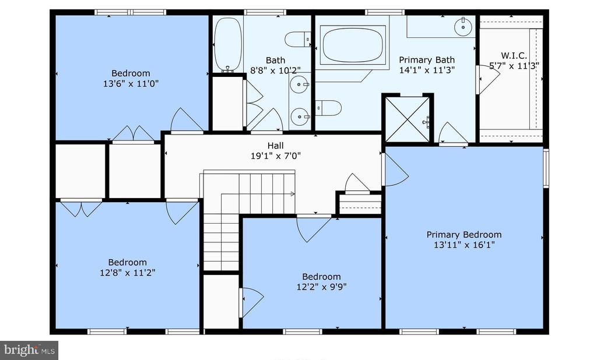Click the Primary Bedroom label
463,234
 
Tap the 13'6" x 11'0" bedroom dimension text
131,83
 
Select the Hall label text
275,146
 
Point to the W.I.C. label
514,55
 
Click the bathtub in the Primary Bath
353,45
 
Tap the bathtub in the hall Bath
228,44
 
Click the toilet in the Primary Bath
328,108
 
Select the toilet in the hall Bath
298,39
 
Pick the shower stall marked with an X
408,119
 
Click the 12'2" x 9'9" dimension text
321,287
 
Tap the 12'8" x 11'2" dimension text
128,273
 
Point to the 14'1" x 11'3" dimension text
427,70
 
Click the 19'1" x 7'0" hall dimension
276,156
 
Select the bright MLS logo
29,350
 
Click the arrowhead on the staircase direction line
293,194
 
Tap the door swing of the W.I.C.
489,79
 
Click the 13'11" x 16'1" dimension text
464,245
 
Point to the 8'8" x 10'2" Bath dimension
275,70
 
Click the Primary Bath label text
427,60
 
